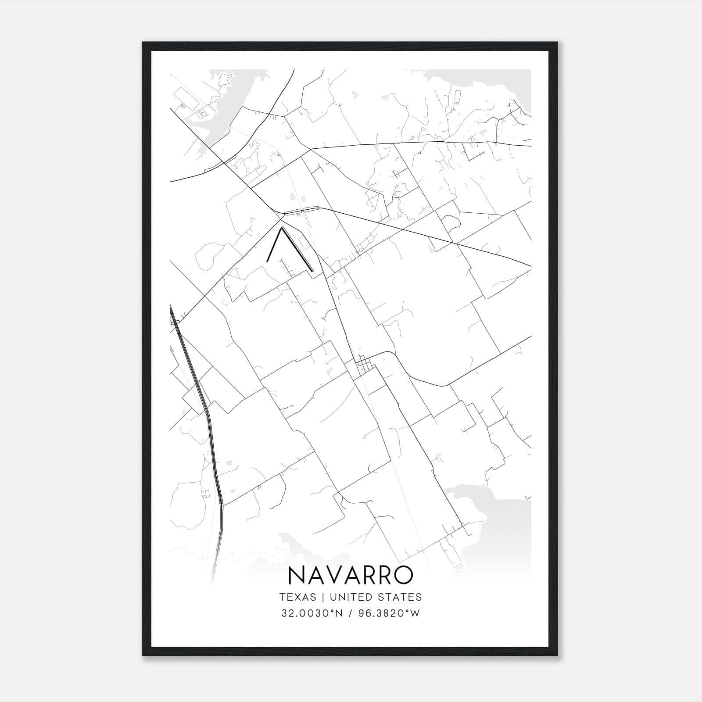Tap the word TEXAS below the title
pos(297,597)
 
